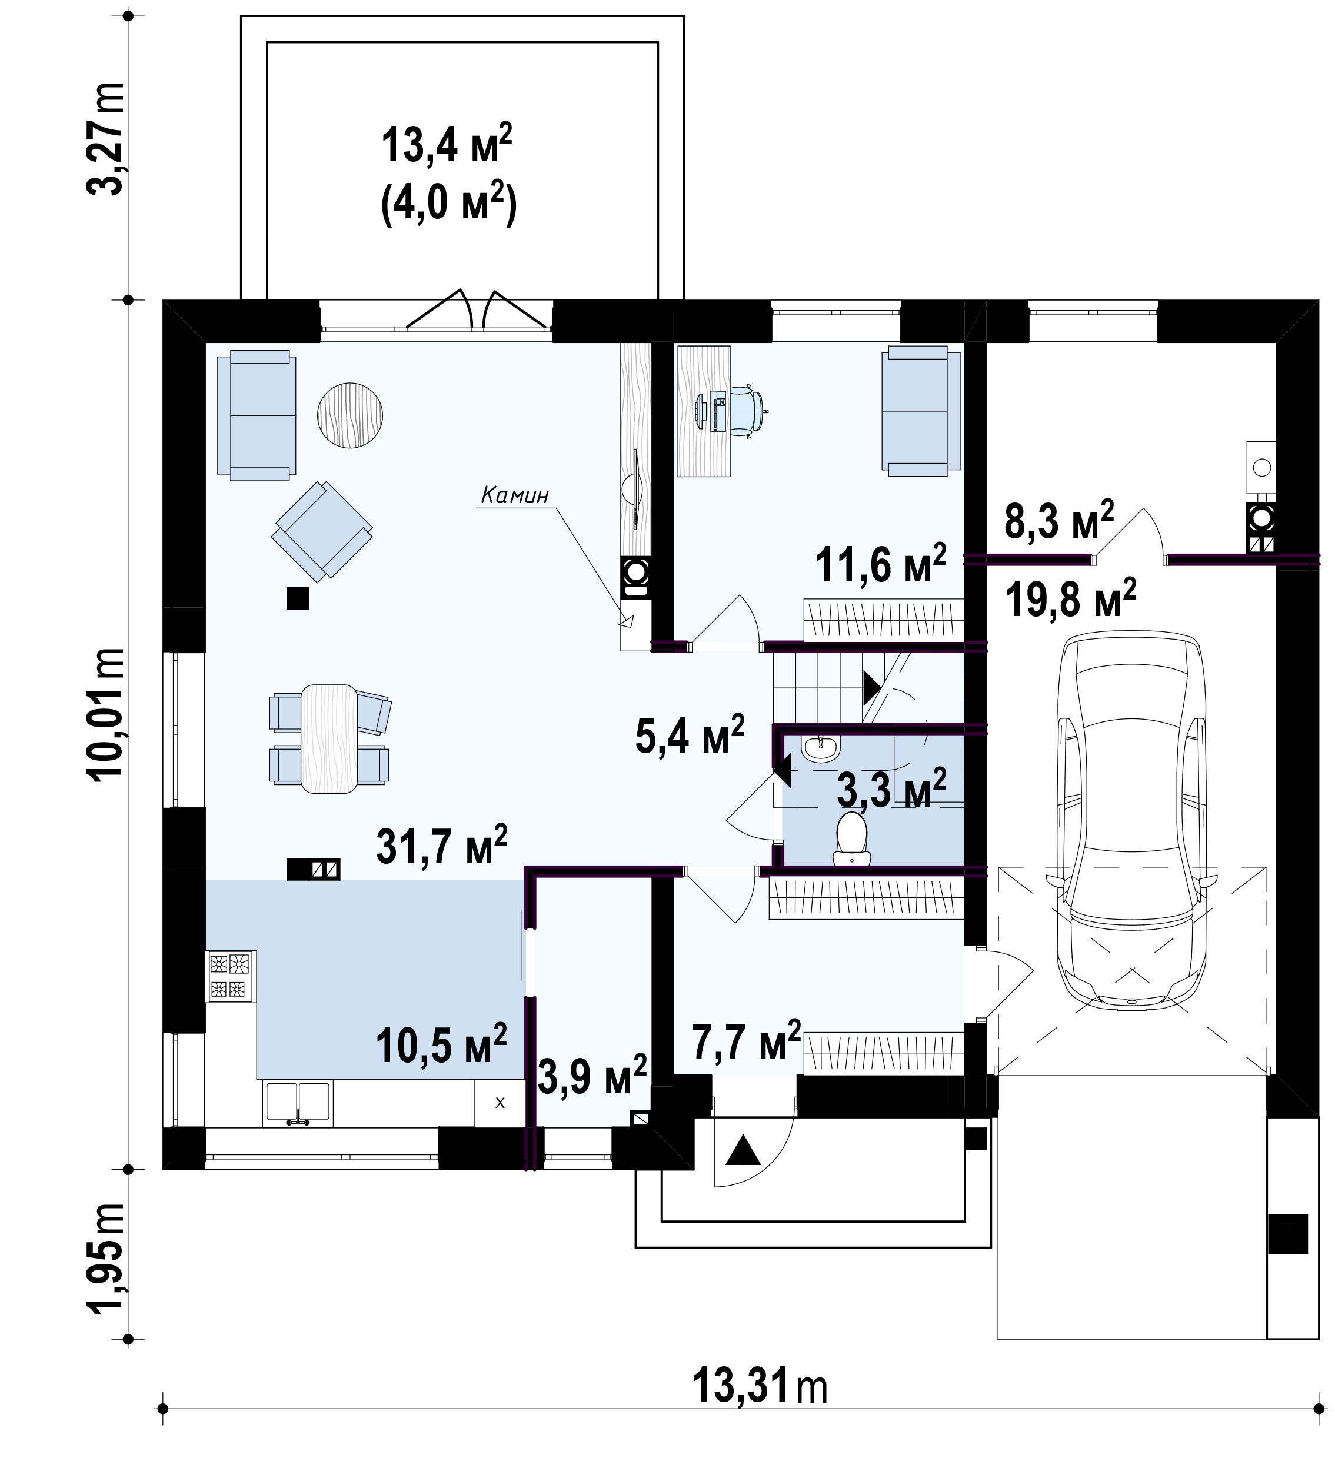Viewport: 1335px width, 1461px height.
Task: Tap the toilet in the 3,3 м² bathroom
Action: coord(851,838)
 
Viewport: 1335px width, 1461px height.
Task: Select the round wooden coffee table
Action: coord(350,415)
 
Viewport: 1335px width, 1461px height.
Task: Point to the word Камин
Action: coord(515,495)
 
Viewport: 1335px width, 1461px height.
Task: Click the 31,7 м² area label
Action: coord(441,844)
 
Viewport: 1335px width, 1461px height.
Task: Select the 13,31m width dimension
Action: coord(760,1386)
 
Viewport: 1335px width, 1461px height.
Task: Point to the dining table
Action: coord(329,738)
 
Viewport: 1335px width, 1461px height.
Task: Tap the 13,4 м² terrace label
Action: coord(447,144)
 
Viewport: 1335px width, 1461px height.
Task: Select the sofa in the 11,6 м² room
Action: coord(920,411)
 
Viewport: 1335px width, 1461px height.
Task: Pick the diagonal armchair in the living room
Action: coord(322,529)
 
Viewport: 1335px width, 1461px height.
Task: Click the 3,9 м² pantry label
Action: coord(592,1076)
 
